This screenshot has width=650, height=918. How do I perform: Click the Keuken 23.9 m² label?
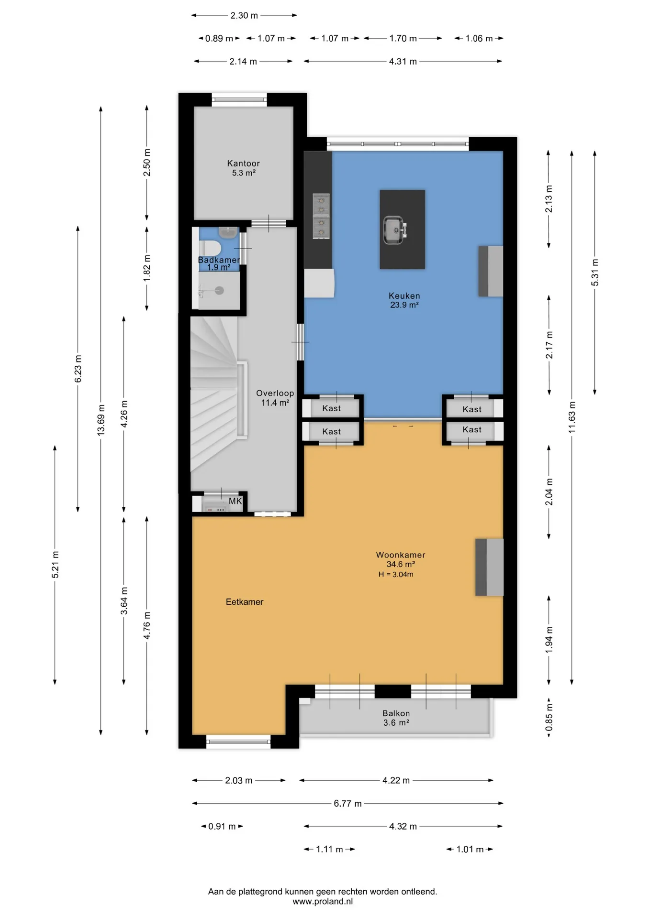click(404, 300)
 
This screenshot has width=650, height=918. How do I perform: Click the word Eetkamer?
click(245, 602)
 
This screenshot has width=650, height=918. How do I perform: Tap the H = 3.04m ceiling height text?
click(396, 574)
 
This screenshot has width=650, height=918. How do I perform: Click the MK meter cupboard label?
click(235, 501)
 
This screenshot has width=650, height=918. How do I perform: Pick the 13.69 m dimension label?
click(101, 420)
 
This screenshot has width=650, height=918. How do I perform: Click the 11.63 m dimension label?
click(572, 417)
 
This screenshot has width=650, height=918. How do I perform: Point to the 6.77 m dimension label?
click(347, 803)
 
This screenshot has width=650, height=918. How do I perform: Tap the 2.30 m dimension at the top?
click(244, 15)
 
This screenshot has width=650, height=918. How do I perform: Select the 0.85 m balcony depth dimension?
click(549, 717)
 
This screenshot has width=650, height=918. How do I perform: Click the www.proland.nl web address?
click(323, 901)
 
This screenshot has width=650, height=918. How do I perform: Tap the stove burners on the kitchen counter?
click(321, 216)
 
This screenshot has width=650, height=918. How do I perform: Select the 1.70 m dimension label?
click(403, 38)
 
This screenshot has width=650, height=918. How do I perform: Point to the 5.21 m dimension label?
click(56, 565)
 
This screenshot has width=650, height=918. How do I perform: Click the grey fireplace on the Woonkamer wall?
click(489, 567)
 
